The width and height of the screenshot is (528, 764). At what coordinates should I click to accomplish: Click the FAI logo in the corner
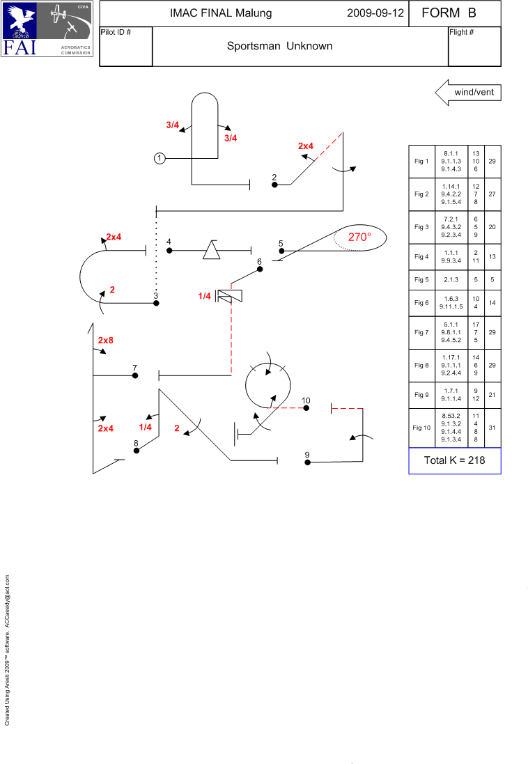click(47, 29)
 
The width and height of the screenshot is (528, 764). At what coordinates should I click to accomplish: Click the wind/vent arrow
click(468, 92)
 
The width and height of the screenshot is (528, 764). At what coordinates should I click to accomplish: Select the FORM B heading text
click(449, 13)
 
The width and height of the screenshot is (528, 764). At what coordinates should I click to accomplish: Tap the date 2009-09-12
click(375, 13)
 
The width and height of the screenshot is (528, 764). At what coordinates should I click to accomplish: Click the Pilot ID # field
click(126, 46)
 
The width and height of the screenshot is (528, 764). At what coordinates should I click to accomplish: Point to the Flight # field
click(474, 46)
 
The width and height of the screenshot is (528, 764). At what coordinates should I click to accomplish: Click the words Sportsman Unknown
click(280, 46)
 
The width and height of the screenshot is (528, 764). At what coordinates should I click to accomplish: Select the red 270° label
click(359, 237)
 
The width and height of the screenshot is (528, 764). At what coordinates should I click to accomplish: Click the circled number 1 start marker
click(160, 158)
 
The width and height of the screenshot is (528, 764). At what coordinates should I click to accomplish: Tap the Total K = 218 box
click(455, 460)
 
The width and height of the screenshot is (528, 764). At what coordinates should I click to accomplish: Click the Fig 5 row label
click(421, 280)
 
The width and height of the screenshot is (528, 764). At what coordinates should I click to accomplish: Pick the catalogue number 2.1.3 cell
click(451, 280)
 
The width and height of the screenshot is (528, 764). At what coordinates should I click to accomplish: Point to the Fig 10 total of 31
click(492, 428)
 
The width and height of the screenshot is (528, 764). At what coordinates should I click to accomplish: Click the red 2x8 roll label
click(106, 340)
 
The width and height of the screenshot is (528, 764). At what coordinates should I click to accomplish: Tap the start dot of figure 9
click(308, 462)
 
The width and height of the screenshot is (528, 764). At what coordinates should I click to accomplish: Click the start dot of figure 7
click(135, 375)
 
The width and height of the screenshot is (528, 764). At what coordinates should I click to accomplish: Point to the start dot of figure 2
click(274, 185)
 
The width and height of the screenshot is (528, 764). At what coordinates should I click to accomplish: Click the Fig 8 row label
click(421, 365)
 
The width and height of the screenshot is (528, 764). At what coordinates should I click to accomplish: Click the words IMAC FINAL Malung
click(221, 13)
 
